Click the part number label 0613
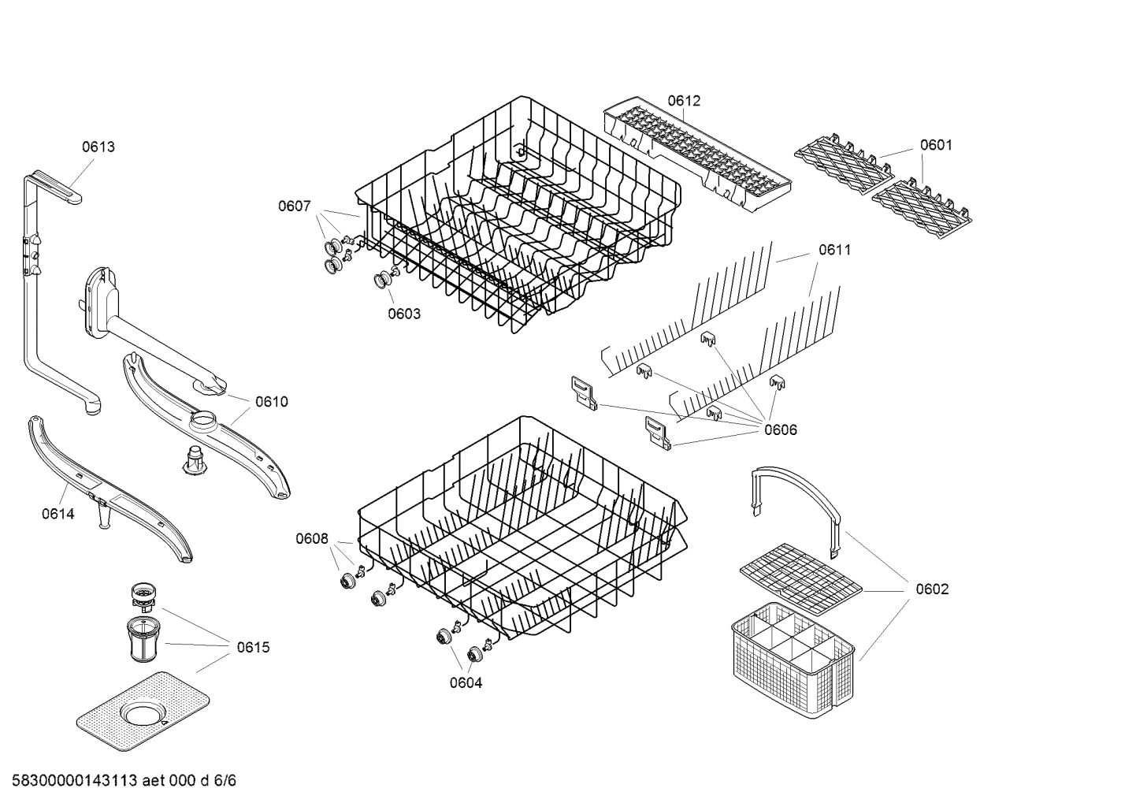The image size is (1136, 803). click(98, 147)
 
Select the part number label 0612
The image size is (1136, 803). click(684, 101)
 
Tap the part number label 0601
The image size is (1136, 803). click(936, 145)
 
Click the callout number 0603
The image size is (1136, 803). click(404, 314)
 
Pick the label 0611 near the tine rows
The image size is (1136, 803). click(834, 250)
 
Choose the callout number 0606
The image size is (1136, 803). click(780, 429)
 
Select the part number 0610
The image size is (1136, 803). click(272, 402)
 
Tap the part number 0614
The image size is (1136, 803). click(58, 515)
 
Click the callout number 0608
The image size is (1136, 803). click(312, 539)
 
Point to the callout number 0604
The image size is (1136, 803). click(466, 683)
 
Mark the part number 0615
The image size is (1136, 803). click(253, 648)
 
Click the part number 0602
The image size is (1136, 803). click(932, 589)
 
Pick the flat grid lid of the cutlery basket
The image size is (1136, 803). click(800, 578)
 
